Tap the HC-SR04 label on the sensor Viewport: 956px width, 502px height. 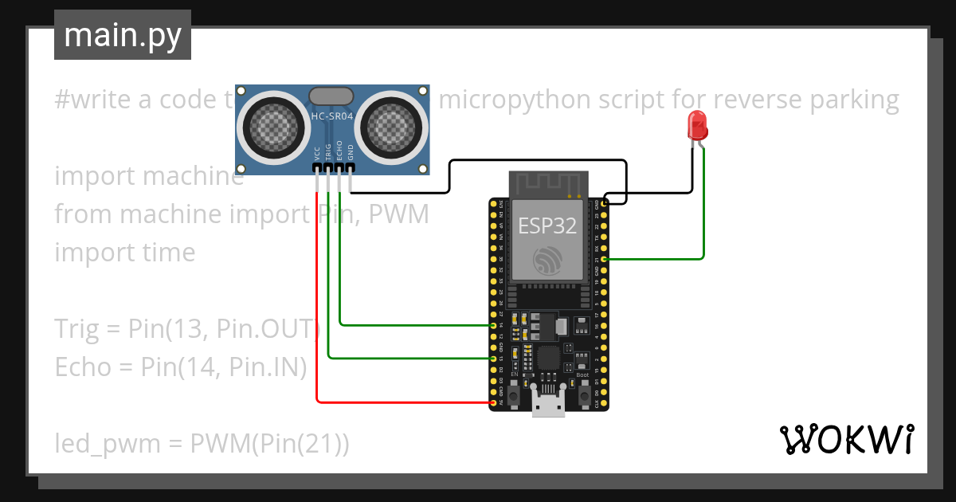[332, 118]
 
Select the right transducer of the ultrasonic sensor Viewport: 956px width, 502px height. [392, 124]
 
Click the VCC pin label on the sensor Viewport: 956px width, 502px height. [317, 154]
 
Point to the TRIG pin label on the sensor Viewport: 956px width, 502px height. [327, 153]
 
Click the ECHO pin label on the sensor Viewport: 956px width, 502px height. [339, 151]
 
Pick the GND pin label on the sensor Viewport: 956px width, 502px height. [350, 154]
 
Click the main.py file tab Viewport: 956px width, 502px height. [122, 35]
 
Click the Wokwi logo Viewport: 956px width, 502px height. [846, 439]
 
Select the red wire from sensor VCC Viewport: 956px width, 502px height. [317, 319]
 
